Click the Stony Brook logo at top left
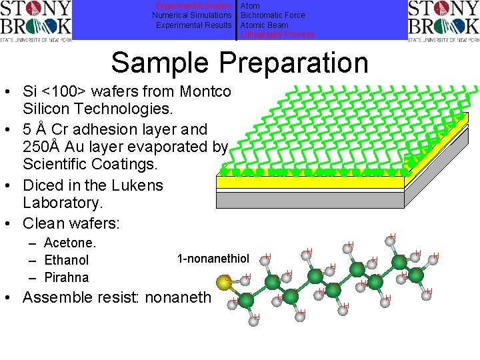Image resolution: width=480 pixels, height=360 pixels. (x=36, y=20)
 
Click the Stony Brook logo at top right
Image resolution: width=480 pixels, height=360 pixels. (x=443, y=20)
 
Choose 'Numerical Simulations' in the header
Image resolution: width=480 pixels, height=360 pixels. (x=192, y=15)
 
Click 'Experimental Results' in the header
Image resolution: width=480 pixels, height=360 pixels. (x=194, y=25)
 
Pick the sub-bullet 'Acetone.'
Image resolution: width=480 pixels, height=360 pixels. (x=70, y=243)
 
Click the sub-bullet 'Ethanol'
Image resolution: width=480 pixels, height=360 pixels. (x=66, y=260)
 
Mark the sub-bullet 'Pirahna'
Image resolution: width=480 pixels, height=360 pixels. (x=66, y=277)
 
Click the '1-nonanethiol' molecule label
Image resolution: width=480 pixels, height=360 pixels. (x=213, y=259)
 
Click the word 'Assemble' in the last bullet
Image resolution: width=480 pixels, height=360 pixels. (x=59, y=297)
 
